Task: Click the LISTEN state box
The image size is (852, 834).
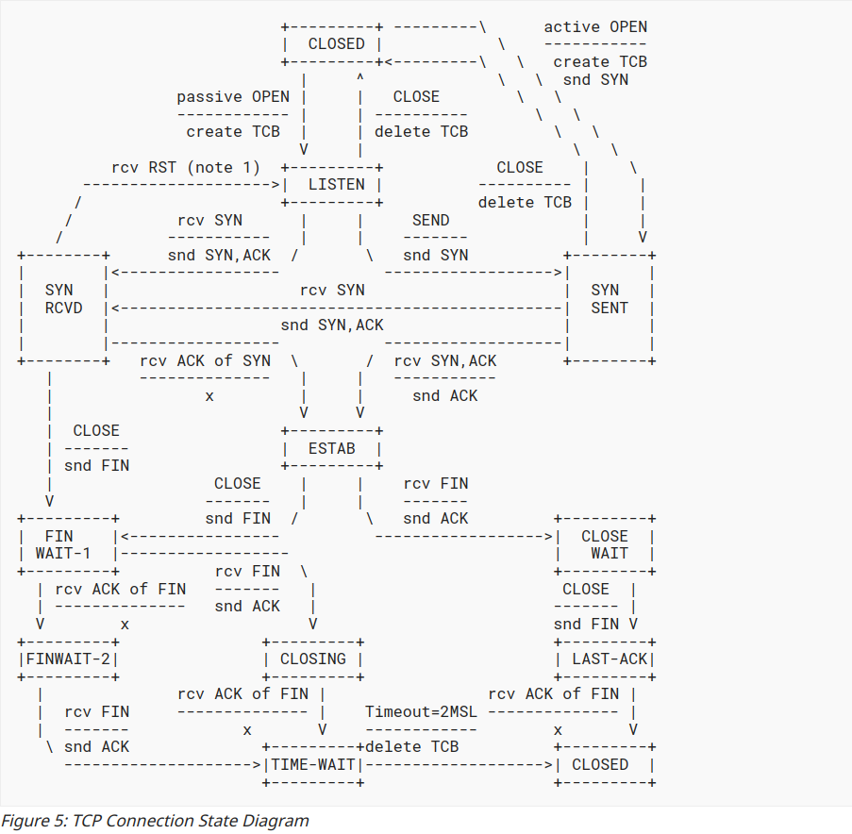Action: [332, 185]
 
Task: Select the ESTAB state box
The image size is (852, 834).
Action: [332, 449]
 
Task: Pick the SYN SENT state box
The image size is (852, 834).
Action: [609, 299]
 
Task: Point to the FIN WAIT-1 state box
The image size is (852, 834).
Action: [66, 544]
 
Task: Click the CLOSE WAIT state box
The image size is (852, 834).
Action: [604, 544]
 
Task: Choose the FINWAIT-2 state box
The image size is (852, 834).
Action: [68, 659]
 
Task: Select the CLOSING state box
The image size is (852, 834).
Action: [313, 659]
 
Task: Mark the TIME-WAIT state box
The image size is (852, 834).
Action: [313, 764]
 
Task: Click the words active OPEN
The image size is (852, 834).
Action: [595, 26]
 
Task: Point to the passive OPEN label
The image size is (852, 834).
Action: [233, 97]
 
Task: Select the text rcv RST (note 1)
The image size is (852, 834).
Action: [185, 168]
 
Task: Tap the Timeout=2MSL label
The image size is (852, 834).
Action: [421, 711]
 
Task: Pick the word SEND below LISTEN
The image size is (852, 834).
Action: [430, 220]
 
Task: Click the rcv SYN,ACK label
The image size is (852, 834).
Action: [444, 360]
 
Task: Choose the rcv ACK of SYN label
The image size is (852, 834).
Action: [205, 360]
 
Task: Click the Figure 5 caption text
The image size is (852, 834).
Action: [155, 820]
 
